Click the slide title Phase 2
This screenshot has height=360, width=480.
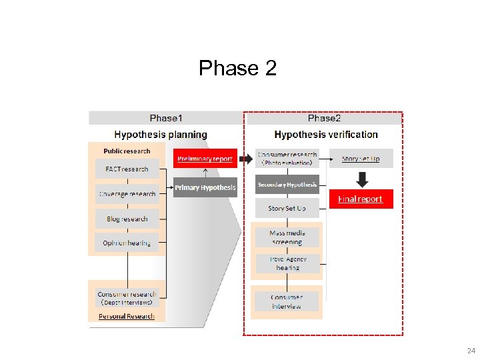click(237, 68)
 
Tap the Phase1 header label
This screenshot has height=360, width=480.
click(165, 118)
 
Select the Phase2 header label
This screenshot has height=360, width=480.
click(324, 118)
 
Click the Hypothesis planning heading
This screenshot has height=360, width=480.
click(161, 135)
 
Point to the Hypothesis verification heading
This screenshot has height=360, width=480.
click(326, 135)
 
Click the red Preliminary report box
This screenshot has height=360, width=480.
click(205, 159)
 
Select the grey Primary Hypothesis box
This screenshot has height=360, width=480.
click(205, 187)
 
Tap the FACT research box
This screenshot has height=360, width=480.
click(127, 169)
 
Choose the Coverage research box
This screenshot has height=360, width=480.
click(127, 194)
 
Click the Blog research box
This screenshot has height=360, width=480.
click(127, 219)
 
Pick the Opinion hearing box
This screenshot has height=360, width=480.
click(127, 243)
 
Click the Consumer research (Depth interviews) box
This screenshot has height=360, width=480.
click(127, 297)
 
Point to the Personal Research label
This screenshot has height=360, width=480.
click(127, 316)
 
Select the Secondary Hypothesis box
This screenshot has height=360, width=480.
click(287, 185)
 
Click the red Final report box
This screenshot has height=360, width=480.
click(360, 199)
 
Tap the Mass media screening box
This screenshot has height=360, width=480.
click(287, 237)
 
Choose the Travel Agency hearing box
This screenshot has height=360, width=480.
click(287, 263)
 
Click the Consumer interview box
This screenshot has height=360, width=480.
click(287, 301)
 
